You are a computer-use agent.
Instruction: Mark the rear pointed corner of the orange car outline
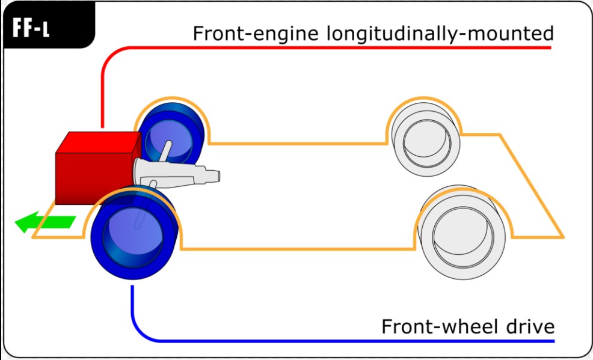pyautogui.click(x=562, y=236)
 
